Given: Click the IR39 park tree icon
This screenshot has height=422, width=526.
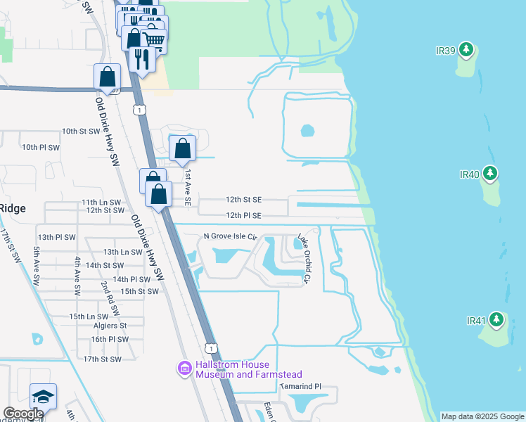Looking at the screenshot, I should click(466, 49).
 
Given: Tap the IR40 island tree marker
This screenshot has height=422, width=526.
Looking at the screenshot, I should click(491, 173).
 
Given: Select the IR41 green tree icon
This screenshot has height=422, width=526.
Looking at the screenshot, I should click(496, 320).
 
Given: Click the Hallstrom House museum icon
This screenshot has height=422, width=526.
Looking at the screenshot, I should click(185, 369).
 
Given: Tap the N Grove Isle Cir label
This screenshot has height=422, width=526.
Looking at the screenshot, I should click(231, 236).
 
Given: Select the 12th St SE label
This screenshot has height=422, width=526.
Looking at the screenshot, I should click(243, 200).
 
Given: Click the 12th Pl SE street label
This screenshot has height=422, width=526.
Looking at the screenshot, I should click(243, 215).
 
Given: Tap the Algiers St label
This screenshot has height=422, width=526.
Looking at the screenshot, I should click(109, 326).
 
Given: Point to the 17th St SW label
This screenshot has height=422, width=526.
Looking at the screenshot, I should click(102, 359).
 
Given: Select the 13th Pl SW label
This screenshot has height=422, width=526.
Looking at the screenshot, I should click(57, 238).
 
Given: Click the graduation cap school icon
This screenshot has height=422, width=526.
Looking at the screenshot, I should click(43, 396).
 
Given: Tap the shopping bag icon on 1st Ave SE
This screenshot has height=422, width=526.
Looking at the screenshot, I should click(182, 148).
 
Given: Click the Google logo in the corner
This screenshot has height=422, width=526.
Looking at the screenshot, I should click(23, 414).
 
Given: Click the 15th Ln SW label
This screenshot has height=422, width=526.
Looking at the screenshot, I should click(88, 317).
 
